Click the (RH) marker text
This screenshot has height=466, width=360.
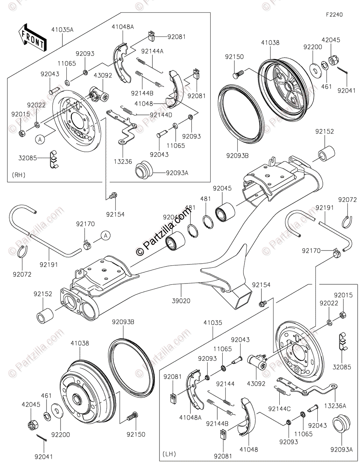pos(18,175)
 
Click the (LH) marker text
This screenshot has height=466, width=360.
pos(169,454)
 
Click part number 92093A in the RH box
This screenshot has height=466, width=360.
pos(177,173)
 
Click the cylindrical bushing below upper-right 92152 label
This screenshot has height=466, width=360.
pos(325,153)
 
